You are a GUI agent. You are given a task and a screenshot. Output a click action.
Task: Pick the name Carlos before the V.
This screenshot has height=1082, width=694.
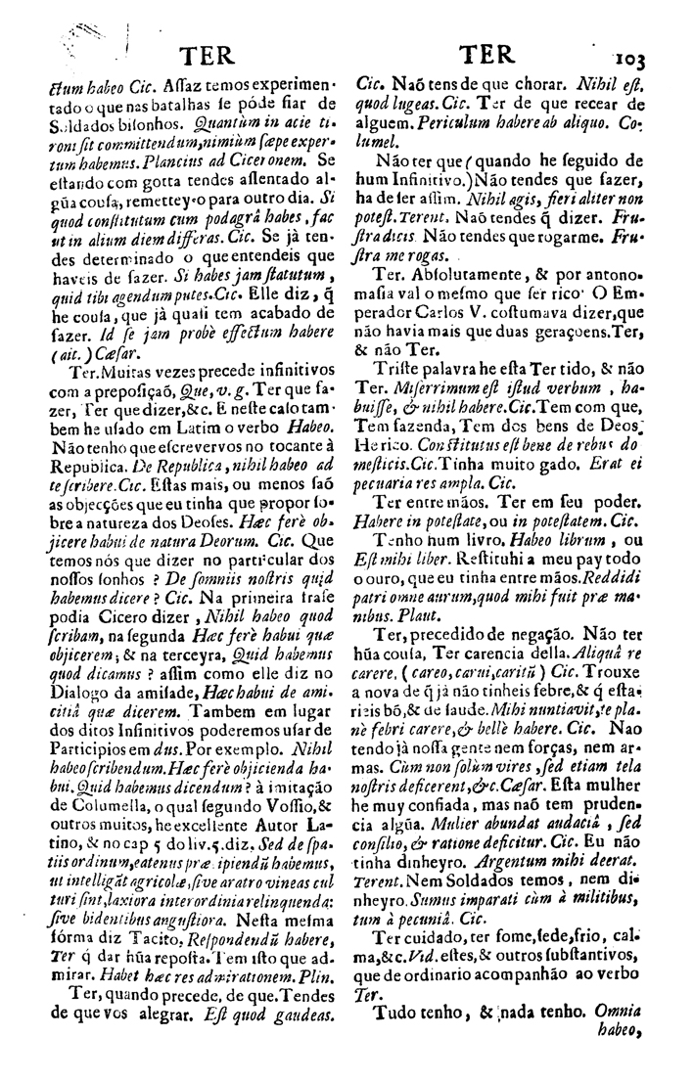coord(441,341)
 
